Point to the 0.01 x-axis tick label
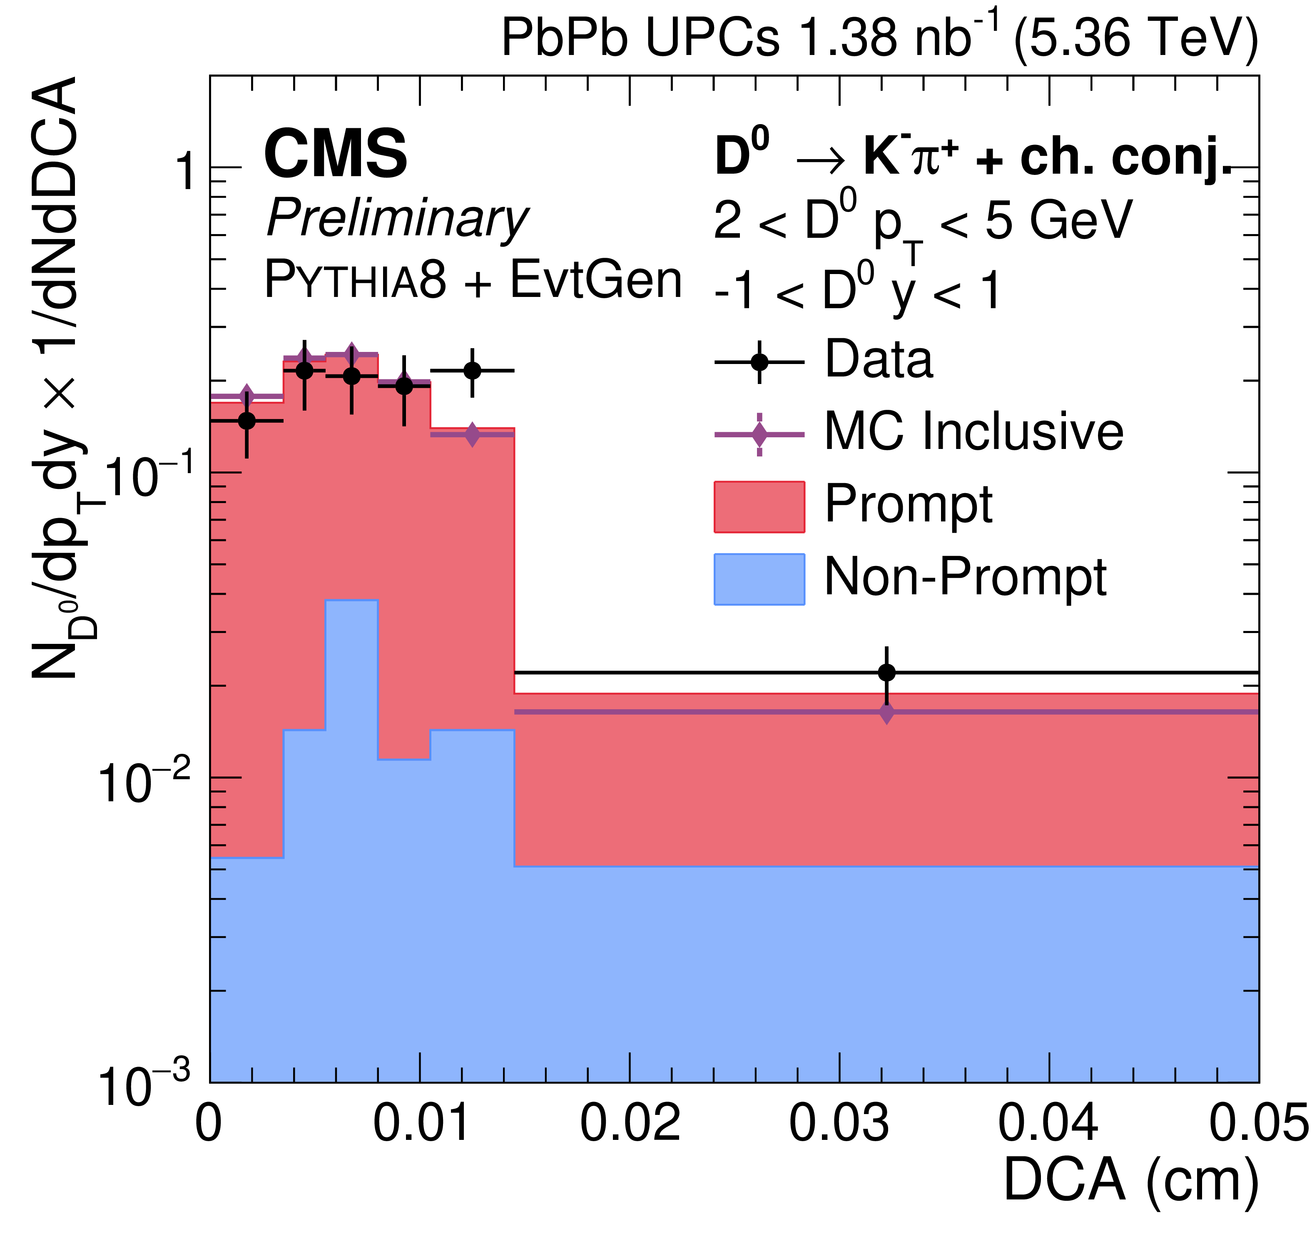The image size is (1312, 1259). pyautogui.click(x=421, y=1123)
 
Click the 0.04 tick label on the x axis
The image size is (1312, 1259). pyautogui.click(x=1048, y=1123)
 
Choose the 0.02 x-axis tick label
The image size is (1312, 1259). pyautogui.click(x=630, y=1123)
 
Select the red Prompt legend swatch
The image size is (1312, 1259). pyautogui.click(x=759, y=507)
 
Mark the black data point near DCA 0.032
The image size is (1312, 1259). pyautogui.click(x=886, y=672)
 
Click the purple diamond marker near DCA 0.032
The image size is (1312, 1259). pyautogui.click(x=886, y=713)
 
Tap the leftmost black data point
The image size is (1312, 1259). pyautogui.click(x=247, y=421)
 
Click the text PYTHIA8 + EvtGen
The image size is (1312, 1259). pyautogui.click(x=473, y=280)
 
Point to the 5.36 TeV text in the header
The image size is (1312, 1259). pyautogui.click(x=1136, y=38)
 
